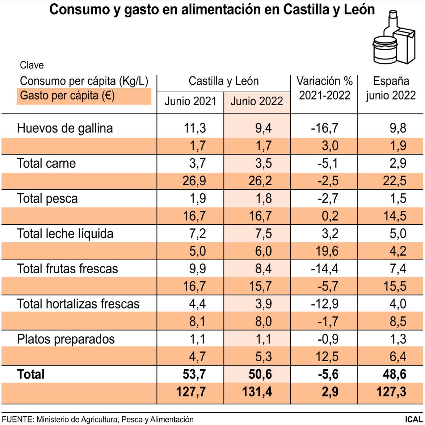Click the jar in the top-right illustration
point(385,50)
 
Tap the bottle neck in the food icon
point(393,20)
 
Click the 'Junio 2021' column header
point(190,101)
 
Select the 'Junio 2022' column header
point(257,101)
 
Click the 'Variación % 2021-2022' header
point(324,88)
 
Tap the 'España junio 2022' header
point(391,88)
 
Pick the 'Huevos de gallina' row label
point(65,128)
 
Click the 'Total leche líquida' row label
point(65,234)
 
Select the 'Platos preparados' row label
point(66,339)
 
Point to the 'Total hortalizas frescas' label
point(78,304)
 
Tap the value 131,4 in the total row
point(257,392)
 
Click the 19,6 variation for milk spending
point(327,251)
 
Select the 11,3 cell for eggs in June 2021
point(195,128)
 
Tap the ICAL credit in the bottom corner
point(414,419)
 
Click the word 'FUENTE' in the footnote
point(18,419)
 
